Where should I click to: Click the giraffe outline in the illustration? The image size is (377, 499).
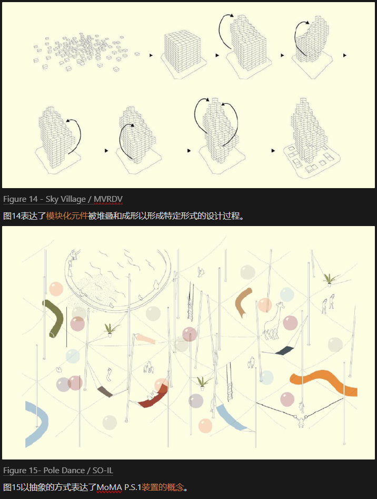[273, 321]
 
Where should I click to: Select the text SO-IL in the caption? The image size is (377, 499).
[103, 471]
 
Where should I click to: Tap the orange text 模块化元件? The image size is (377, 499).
[67, 216]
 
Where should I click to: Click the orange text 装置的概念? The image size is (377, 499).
[163, 487]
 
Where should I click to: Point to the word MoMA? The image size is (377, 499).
[109, 487]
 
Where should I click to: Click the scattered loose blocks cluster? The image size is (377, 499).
[83, 51]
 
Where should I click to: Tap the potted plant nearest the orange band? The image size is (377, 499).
[203, 383]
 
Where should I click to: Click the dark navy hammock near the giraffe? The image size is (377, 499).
[284, 351]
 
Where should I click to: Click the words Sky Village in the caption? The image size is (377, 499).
[66, 199]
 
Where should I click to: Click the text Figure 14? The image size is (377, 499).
[21, 199]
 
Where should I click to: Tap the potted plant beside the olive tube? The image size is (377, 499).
[110, 330]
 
